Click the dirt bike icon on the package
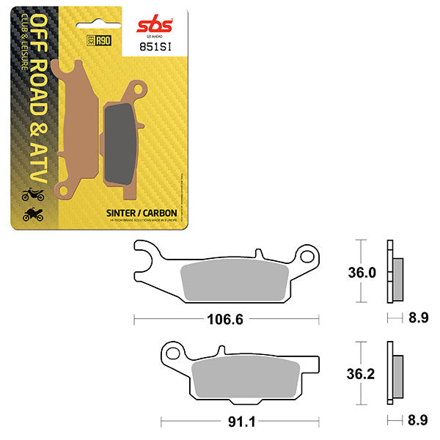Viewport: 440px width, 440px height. click(32, 195)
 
